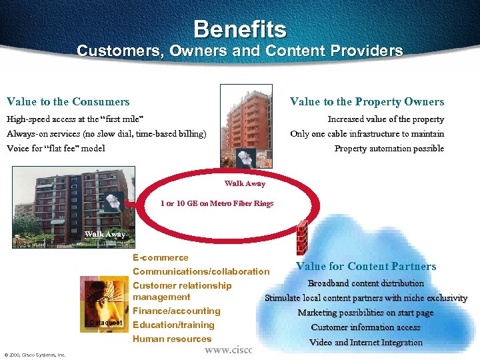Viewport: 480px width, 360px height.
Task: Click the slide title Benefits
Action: [240, 29]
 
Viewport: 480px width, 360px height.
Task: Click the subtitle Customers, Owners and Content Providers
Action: [240, 51]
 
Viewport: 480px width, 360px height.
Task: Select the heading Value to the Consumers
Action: [68, 102]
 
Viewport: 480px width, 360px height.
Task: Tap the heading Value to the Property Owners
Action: [367, 102]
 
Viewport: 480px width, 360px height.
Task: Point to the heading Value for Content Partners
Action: [366, 267]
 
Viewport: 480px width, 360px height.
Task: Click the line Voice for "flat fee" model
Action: [56, 148]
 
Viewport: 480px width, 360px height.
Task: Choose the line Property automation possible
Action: [389, 148]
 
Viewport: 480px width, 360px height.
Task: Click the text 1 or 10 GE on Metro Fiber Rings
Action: [217, 203]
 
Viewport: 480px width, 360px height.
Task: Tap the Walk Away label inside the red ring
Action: [245, 183]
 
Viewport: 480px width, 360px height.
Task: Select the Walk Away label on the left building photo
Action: [105, 234]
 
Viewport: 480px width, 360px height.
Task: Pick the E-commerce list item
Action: [161, 258]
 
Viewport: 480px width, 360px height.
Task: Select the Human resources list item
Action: [172, 339]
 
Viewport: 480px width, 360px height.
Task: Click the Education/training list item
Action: [173, 325]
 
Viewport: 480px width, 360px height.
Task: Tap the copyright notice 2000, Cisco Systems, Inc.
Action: [35, 355]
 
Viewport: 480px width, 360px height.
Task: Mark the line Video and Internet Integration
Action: [365, 342]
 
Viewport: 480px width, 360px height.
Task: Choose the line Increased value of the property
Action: [385, 119]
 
